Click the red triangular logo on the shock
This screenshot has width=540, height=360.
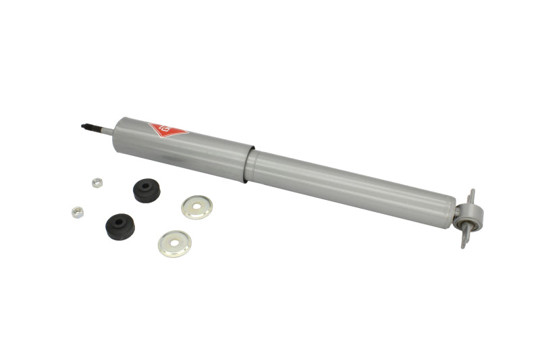pyautogui.click(x=168, y=129)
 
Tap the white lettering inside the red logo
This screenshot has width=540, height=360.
pyautogui.click(x=165, y=128)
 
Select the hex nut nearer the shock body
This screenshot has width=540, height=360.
pyautogui.click(x=97, y=182)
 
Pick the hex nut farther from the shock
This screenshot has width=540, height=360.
pyautogui.click(x=78, y=212)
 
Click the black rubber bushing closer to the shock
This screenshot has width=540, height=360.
pyautogui.click(x=146, y=190)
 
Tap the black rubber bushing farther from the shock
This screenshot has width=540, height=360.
pyautogui.click(x=119, y=226)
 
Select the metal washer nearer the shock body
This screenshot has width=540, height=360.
pyautogui.click(x=196, y=207)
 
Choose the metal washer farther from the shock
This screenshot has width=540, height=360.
pyautogui.click(x=174, y=243)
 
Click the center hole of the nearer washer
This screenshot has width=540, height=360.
pyautogui.click(x=196, y=207)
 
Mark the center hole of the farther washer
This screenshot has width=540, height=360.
pyautogui.click(x=174, y=243)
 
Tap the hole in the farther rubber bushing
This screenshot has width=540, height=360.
pyautogui.click(x=119, y=221)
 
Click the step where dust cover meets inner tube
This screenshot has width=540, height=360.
pyautogui.click(x=249, y=164)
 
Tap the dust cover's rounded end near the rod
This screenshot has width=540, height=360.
pyautogui.click(x=117, y=132)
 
